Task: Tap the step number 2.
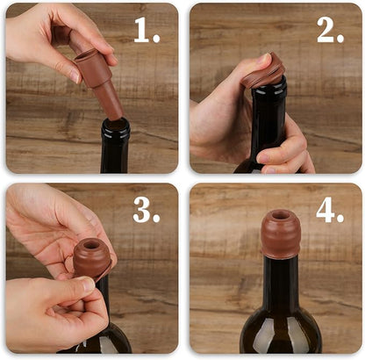click(330, 31)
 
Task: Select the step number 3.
click(147, 211)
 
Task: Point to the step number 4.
click(330, 211)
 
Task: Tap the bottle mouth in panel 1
click(115, 124)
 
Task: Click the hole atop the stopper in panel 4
click(280, 215)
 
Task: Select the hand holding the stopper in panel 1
click(53, 35)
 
